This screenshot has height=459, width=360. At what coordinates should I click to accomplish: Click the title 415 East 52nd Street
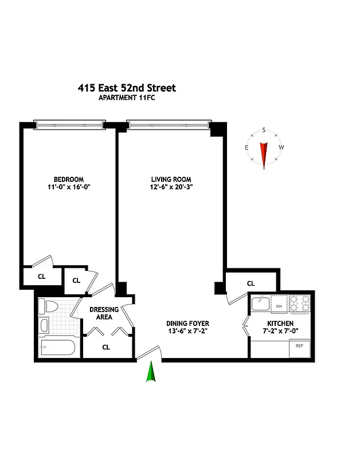pyautogui.click(x=127, y=88)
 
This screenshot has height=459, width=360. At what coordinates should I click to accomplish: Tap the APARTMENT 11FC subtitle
pyautogui.click(x=127, y=98)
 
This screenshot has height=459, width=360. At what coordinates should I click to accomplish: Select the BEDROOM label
pyautogui.click(x=69, y=179)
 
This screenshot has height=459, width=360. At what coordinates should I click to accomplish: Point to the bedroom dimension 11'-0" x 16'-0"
pyautogui.click(x=69, y=187)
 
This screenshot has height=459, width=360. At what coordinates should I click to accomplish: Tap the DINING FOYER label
pyautogui.click(x=188, y=324)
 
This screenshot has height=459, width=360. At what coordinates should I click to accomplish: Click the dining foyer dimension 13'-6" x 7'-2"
pyautogui.click(x=188, y=332)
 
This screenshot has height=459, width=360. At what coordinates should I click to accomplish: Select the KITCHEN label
pyautogui.click(x=280, y=324)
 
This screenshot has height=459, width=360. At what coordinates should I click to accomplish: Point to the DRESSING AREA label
pyautogui.click(x=104, y=313)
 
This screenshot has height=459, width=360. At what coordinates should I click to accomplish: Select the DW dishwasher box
pyautogui.click(x=279, y=306)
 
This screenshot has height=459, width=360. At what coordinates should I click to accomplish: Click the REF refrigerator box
pyautogui.click(x=299, y=346)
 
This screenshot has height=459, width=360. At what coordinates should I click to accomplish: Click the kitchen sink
pyautogui.click(x=261, y=303)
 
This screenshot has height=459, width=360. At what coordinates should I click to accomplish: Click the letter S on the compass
pyautogui.click(x=264, y=130)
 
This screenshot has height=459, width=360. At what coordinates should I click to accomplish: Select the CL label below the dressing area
pyautogui.click(x=106, y=347)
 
